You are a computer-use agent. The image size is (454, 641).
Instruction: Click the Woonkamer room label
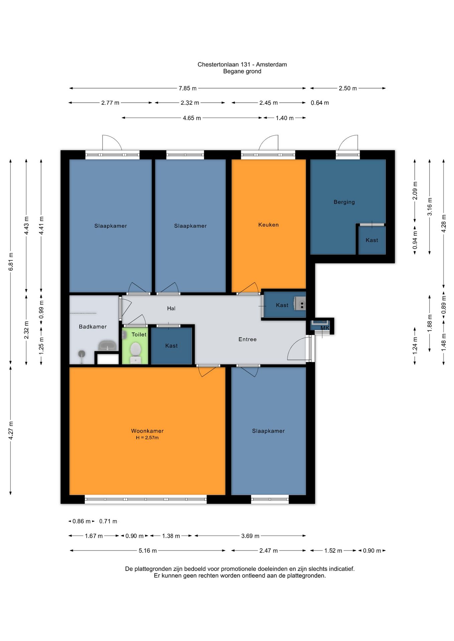coord(147,431)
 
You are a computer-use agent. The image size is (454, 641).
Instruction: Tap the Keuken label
coord(268,225)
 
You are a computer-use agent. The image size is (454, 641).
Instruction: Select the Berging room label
coord(344,202)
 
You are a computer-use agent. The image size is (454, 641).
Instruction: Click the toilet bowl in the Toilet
coord(135,349)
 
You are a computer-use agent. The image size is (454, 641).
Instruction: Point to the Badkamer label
coord(93,327)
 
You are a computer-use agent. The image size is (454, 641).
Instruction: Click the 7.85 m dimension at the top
coord(188,88)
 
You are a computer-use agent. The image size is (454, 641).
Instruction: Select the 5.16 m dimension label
coord(148,551)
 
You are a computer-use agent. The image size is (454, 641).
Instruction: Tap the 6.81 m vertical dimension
coord(11,261)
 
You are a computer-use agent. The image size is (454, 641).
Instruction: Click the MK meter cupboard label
coord(325,328)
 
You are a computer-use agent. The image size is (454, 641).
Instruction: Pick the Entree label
coord(247,339)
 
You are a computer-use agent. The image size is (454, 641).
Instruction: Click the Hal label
coord(171,308)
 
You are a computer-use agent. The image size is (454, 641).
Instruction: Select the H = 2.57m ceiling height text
coord(147,438)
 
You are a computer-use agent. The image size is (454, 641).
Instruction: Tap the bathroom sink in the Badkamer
coord(107,345)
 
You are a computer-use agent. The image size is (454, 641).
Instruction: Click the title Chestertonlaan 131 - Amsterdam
coord(242,64)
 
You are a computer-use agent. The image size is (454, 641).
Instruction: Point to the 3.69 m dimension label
coord(250,536)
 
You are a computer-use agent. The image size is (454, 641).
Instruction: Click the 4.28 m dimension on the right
coord(444,223)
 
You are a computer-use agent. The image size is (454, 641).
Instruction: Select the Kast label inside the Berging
coord(372,240)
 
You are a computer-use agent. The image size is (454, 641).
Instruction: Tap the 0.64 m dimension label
coord(320,103)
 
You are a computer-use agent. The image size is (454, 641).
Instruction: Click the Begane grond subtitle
coord(242,71)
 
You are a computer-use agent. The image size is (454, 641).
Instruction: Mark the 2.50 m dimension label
coord(348,88)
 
